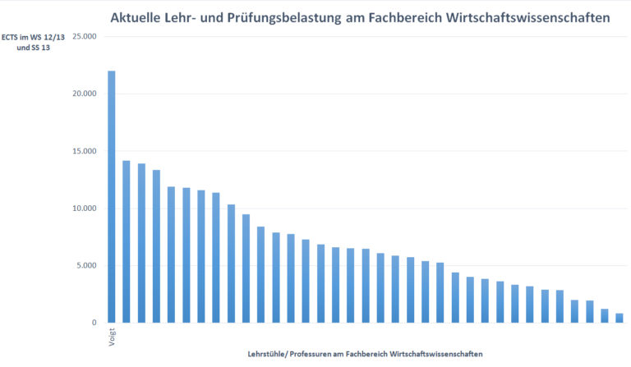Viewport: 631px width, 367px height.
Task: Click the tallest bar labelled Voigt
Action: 112,197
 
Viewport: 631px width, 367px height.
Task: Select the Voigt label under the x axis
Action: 112,337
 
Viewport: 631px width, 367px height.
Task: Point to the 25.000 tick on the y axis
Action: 85,37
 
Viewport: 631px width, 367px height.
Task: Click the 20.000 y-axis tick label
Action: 85,94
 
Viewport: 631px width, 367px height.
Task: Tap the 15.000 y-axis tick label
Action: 85,151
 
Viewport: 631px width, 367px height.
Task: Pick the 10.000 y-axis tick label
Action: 85,209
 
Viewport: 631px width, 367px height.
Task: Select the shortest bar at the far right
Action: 619,318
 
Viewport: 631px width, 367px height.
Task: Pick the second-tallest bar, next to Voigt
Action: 127,241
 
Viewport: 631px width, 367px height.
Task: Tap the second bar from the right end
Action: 604,315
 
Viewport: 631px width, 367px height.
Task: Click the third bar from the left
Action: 141,243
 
